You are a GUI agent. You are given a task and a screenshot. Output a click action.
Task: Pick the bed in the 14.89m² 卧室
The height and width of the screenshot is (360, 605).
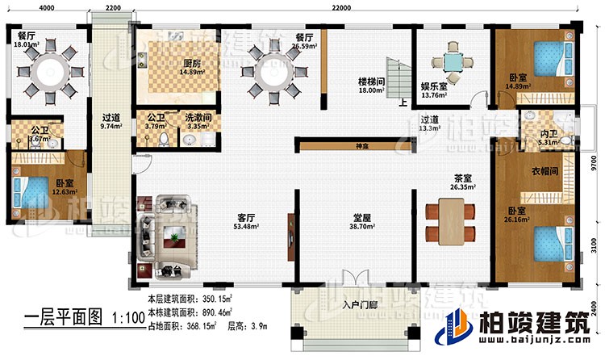point(544,61)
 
